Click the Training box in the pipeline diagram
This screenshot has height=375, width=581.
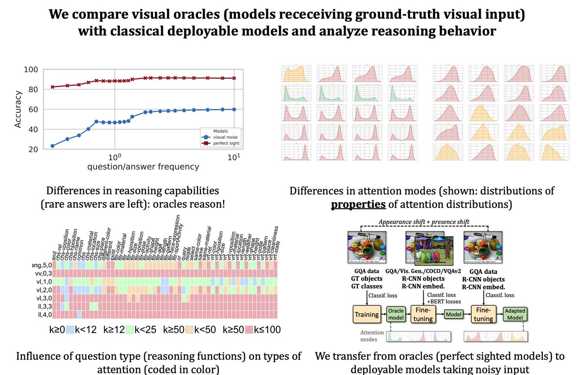pos(366,315)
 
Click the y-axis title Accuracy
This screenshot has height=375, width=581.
pos(18,109)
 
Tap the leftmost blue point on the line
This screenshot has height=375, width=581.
pos(52,146)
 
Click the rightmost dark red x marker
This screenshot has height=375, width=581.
pos(234,78)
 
